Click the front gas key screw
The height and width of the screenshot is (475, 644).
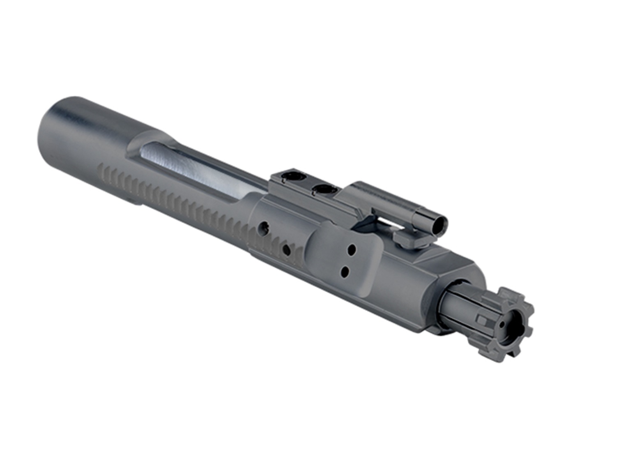[324, 190]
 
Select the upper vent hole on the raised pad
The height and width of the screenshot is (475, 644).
[352, 249]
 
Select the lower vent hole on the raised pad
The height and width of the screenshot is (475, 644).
[345, 271]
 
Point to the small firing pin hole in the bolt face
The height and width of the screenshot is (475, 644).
[502, 324]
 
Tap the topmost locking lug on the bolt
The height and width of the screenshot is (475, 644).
[506, 293]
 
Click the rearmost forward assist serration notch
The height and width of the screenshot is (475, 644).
[101, 167]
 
